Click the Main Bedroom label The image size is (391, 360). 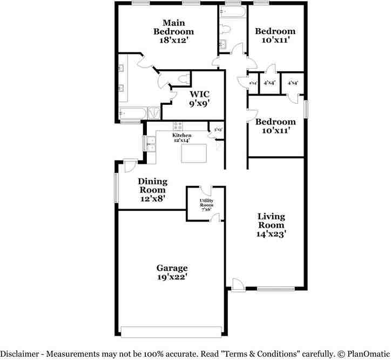(x=174, y=31)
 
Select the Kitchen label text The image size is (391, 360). (x=181, y=135)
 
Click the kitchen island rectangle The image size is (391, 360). (x=194, y=153)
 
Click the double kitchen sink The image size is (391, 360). (x=151, y=144)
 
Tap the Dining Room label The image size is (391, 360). (x=152, y=190)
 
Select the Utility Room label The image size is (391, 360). (x=206, y=205)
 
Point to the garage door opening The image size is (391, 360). (x=171, y=331)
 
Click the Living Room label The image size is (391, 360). (x=271, y=225)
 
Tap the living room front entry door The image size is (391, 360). (x=237, y=284)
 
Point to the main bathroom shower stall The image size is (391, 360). (x=154, y=114)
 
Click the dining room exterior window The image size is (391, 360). (x=116, y=188)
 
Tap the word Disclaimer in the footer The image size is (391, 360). (x=19, y=354)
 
